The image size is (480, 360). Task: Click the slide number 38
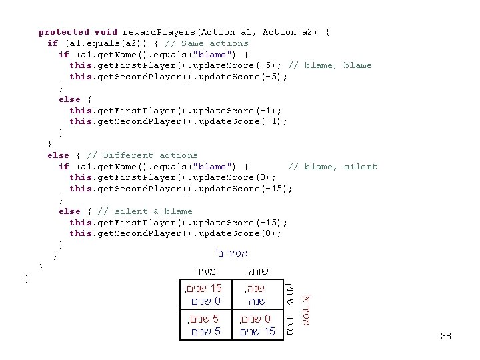click(446, 337)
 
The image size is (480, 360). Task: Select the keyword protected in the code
click(63, 32)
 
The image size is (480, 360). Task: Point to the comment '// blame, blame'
click(330, 65)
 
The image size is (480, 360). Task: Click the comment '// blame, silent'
click(332, 167)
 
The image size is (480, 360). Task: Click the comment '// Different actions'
click(142, 155)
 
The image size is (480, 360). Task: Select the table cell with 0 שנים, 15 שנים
click(256, 325)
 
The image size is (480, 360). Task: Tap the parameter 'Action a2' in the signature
click(289, 32)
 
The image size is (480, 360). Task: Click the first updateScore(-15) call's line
click(181, 189)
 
